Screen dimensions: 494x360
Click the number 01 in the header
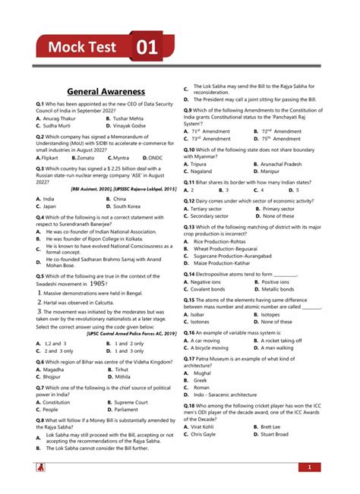pyautogui.click(x=147, y=48)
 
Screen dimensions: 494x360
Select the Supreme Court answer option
pyautogui.click(x=131, y=402)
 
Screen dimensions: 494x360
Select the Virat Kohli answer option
pyautogui.click(x=206, y=426)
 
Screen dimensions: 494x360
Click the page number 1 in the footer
pyautogui.click(x=310, y=467)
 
